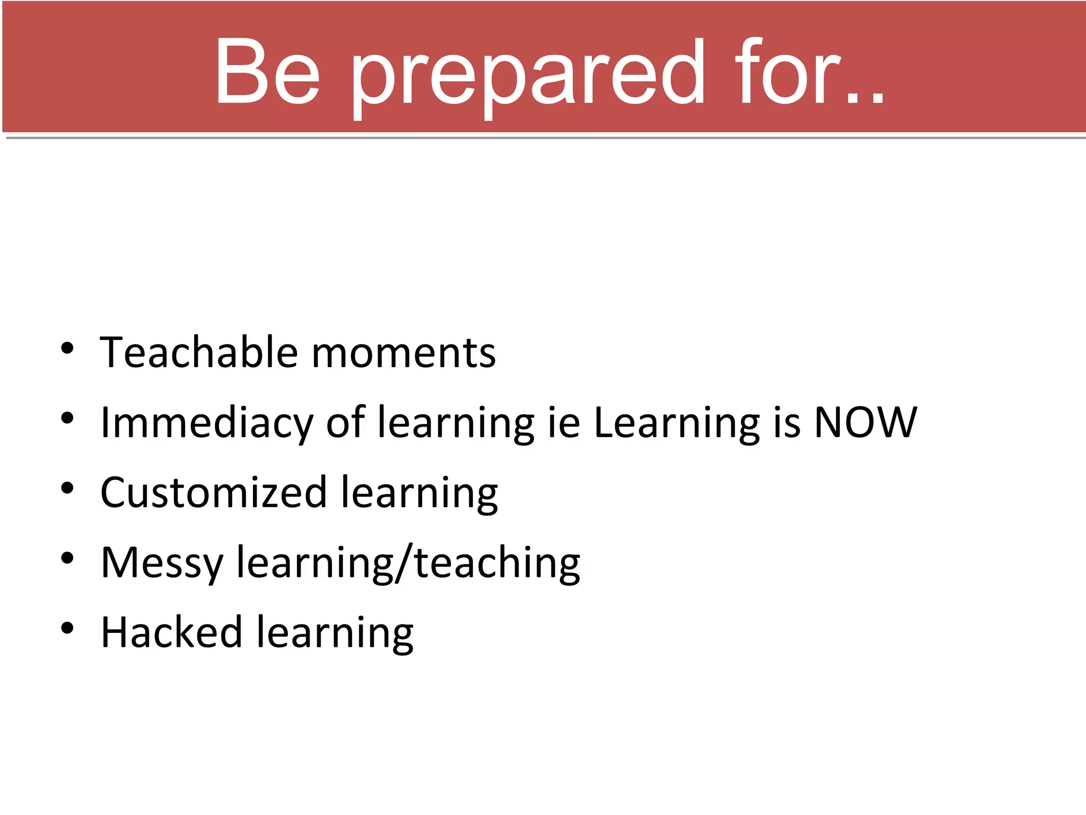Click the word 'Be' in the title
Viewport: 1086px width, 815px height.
pyautogui.click(x=267, y=72)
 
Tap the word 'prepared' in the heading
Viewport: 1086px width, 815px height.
pyautogui.click(x=528, y=74)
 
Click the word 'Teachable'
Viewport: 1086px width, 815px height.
pyautogui.click(x=199, y=352)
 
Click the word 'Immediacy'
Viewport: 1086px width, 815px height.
pyautogui.click(x=206, y=423)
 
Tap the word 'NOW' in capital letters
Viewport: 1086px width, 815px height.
pyautogui.click(x=865, y=422)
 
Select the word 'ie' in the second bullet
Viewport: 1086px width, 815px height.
pyautogui.click(x=564, y=422)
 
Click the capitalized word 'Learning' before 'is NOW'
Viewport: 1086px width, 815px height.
pyautogui.click(x=677, y=423)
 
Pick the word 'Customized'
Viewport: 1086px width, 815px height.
pyautogui.click(x=213, y=492)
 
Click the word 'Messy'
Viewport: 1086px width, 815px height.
pyautogui.click(x=162, y=563)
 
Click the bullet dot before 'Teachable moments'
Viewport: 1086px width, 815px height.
pyautogui.click(x=67, y=349)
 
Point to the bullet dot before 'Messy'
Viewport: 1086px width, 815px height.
pyautogui.click(x=67, y=559)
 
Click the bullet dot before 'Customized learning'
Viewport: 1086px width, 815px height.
pyautogui.click(x=67, y=489)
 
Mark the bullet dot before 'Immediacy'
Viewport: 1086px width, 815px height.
pyautogui.click(x=67, y=419)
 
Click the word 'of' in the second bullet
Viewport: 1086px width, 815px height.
pyautogui.click(x=345, y=422)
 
